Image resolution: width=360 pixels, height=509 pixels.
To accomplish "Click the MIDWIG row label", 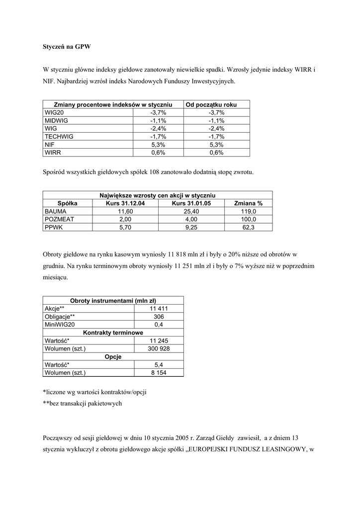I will (x=56, y=120).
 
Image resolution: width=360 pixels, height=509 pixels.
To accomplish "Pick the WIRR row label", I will (x=53, y=153).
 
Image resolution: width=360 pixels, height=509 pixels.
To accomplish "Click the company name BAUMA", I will (x=55, y=211).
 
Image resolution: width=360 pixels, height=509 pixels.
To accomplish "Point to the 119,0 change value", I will (x=248, y=211).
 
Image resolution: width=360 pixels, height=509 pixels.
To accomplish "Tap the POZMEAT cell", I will (x=59, y=219).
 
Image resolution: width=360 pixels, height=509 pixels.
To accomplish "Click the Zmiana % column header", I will (x=248, y=203).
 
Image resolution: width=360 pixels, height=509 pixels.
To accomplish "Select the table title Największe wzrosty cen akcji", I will (x=157, y=195).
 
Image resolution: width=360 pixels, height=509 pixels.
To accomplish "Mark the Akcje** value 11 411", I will (x=159, y=309).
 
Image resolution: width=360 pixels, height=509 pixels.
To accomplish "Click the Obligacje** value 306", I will (x=159, y=317).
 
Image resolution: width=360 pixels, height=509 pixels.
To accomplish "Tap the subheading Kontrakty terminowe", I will (x=113, y=333).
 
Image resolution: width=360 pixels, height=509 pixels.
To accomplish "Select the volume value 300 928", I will (x=159, y=348).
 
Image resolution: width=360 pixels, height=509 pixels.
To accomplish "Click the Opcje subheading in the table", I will (x=113, y=356).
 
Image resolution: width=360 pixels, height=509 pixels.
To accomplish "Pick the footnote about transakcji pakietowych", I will (x=82, y=404).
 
